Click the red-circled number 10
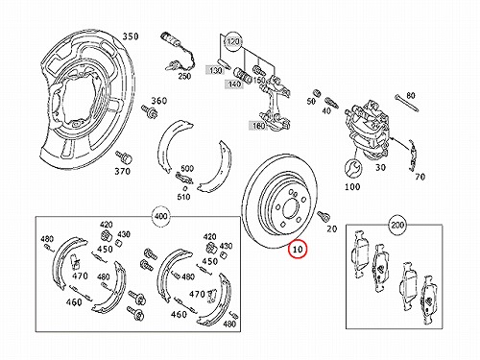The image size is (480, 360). (x=298, y=249)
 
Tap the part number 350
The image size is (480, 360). (x=131, y=36)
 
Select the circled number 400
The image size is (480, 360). (x=160, y=216)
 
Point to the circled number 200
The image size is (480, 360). (x=397, y=226)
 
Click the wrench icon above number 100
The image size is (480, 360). (x=353, y=168)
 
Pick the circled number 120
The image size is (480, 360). (x=233, y=42)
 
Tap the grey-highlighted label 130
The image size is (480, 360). (x=215, y=70)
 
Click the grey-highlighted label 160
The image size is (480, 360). (x=258, y=126)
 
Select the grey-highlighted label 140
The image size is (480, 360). (x=234, y=84)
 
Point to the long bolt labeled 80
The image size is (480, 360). (x=407, y=103)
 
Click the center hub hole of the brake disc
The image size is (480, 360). (x=290, y=207)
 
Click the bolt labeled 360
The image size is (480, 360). (x=150, y=111)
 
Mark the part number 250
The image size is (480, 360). (x=184, y=76)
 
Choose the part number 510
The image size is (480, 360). (x=183, y=197)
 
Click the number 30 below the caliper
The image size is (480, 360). (x=380, y=167)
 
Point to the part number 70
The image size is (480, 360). (x=420, y=177)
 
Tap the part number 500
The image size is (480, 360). (x=187, y=169)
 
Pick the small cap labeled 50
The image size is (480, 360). (x=318, y=92)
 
